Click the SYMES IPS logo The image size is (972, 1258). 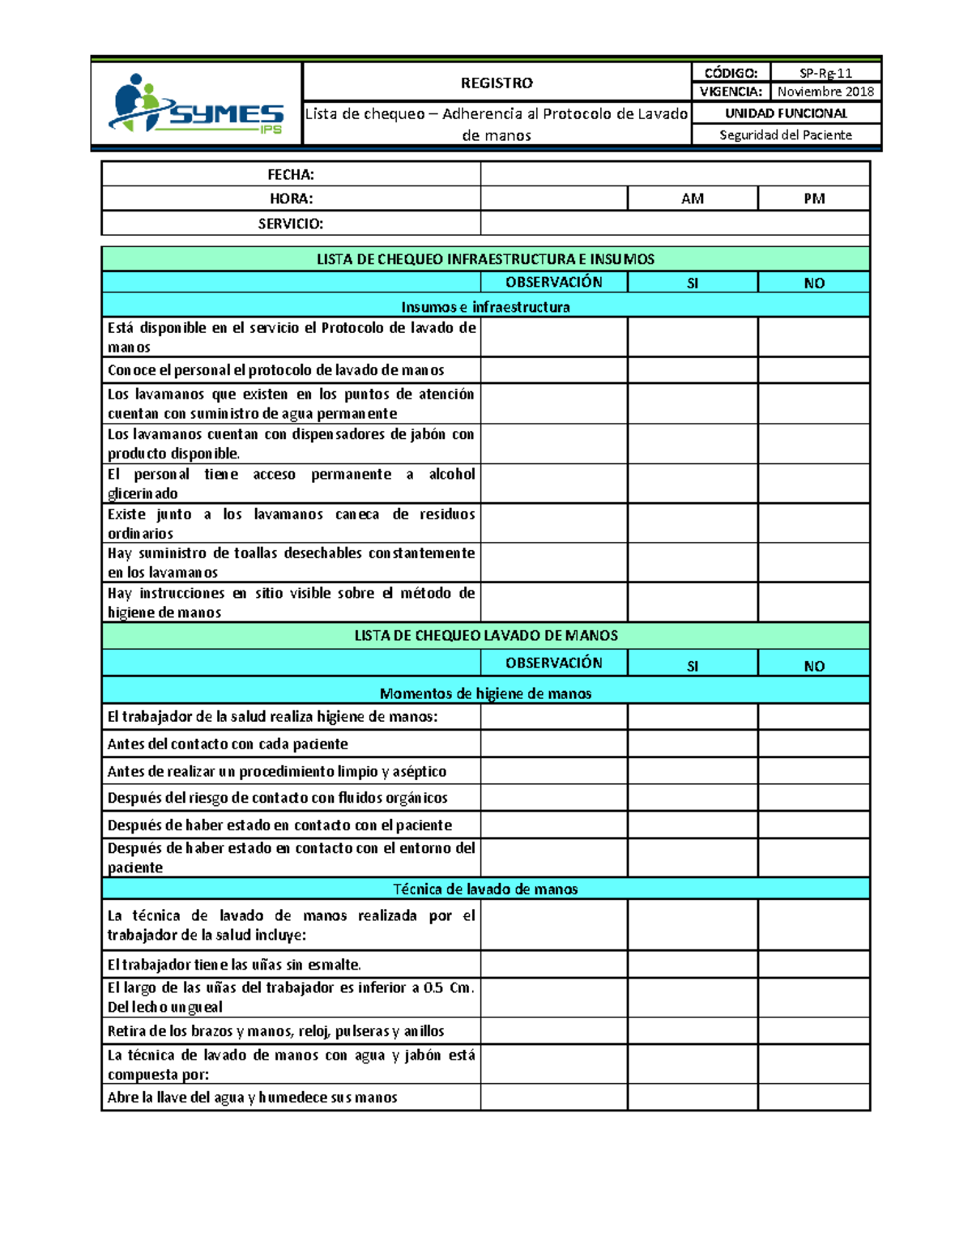(x=196, y=104)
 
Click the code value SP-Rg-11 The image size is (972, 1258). (x=825, y=73)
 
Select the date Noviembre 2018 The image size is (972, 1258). (x=825, y=92)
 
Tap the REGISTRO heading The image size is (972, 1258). (x=497, y=83)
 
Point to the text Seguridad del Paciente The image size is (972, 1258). (x=785, y=135)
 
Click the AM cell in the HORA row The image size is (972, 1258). (x=693, y=198)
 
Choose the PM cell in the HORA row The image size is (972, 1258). (x=814, y=198)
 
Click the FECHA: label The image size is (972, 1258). (x=291, y=174)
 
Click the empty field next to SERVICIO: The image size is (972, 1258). (x=675, y=224)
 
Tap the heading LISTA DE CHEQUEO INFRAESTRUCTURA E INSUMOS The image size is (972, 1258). (x=485, y=259)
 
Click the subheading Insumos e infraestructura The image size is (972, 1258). (x=485, y=307)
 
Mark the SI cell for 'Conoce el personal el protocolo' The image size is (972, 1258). (x=693, y=370)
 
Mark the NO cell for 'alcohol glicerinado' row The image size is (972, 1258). (x=814, y=484)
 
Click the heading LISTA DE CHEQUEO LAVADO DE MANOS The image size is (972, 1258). (x=485, y=636)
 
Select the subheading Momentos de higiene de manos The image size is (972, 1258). (x=485, y=693)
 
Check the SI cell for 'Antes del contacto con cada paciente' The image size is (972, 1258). (x=693, y=744)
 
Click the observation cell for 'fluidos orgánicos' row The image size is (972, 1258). (x=554, y=798)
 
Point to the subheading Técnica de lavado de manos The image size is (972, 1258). (x=485, y=889)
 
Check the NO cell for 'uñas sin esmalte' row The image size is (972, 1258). (x=814, y=964)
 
